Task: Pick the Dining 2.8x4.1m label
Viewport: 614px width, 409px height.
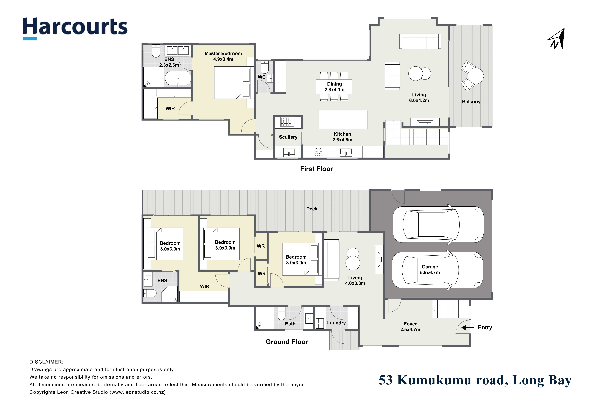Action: (x=334, y=87)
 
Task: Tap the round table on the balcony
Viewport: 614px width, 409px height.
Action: (x=476, y=76)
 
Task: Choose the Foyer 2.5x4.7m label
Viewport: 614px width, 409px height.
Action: (x=410, y=327)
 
